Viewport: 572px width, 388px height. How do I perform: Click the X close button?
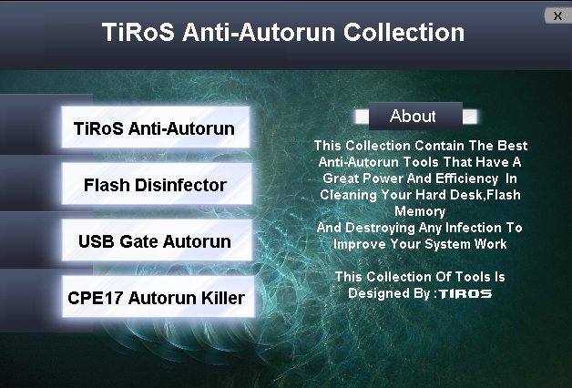click(x=557, y=15)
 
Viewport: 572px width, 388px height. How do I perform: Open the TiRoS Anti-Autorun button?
click(x=156, y=128)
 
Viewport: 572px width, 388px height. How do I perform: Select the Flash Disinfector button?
click(x=157, y=183)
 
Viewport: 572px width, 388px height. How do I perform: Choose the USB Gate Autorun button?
click(x=157, y=240)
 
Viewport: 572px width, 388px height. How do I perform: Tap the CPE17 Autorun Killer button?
click(x=158, y=297)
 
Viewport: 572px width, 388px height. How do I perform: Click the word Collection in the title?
click(x=403, y=32)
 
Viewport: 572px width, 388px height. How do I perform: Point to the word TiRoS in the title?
click(x=138, y=32)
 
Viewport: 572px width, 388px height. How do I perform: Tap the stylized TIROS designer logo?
click(x=465, y=294)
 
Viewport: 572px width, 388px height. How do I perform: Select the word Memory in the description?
click(x=420, y=211)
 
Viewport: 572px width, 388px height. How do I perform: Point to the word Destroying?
click(x=380, y=228)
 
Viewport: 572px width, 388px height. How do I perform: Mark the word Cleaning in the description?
click(x=348, y=195)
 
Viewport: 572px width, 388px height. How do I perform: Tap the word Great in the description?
click(x=341, y=179)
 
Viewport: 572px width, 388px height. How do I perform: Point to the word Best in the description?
click(x=513, y=146)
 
